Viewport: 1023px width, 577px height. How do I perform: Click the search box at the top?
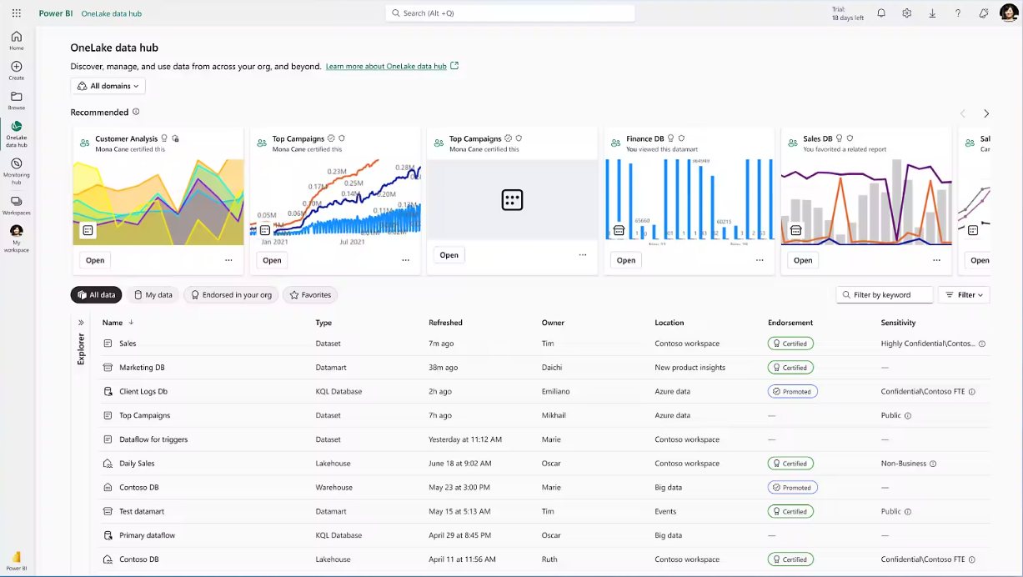pos(510,13)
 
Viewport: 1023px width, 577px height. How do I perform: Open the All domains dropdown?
pos(108,86)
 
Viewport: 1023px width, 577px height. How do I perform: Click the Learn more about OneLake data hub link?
pos(386,66)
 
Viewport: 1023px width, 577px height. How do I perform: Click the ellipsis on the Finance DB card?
pos(760,260)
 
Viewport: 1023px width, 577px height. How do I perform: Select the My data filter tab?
pos(153,294)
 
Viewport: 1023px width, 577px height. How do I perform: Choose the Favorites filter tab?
pos(310,294)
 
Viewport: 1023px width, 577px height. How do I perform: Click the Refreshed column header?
pos(445,323)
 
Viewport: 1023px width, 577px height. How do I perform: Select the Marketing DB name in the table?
pos(142,367)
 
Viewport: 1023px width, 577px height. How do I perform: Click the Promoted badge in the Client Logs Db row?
pos(792,391)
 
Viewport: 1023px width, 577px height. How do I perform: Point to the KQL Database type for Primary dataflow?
pos(338,535)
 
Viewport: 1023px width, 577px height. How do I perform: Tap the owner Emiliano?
pos(559,391)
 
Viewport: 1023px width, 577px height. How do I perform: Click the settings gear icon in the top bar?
pos(906,13)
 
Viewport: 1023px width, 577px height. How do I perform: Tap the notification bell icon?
pos(881,13)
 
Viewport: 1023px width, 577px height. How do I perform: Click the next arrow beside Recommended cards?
pos(986,113)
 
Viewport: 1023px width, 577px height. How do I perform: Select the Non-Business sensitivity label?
pos(904,464)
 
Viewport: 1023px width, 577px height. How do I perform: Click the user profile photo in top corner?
pos(1009,13)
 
